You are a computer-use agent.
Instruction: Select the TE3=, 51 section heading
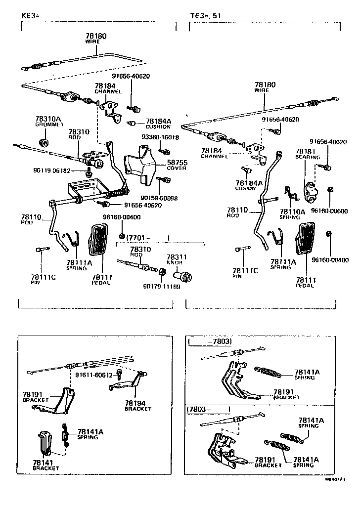(206, 16)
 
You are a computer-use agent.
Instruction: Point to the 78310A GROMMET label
(48, 122)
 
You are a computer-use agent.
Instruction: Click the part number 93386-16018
(160, 137)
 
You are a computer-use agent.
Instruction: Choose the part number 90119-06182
(52, 170)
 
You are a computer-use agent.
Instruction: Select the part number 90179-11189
(161, 286)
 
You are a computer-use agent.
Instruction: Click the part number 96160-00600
(329, 211)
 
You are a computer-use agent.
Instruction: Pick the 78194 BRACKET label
(137, 406)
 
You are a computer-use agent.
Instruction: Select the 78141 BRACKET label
(46, 465)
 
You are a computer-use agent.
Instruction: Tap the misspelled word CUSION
(246, 188)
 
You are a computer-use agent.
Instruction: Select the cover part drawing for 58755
(139, 163)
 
